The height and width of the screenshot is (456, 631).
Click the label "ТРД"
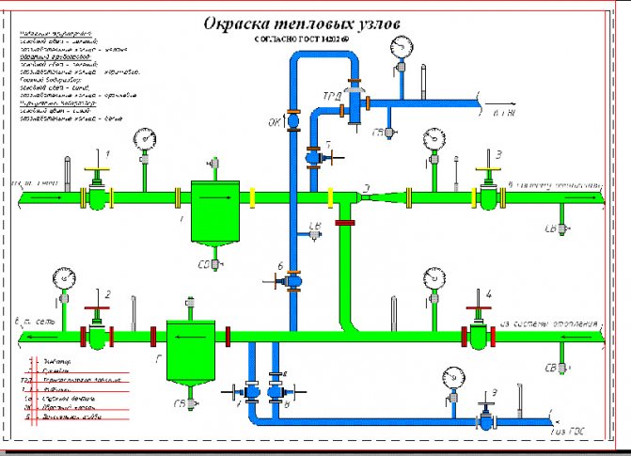tap(331, 96)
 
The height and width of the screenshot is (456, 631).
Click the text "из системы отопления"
tap(548, 322)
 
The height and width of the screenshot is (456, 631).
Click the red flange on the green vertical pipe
tap(345, 223)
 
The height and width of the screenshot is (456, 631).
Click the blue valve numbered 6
tap(293, 278)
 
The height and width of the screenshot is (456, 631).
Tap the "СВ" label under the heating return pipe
tap(548, 367)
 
